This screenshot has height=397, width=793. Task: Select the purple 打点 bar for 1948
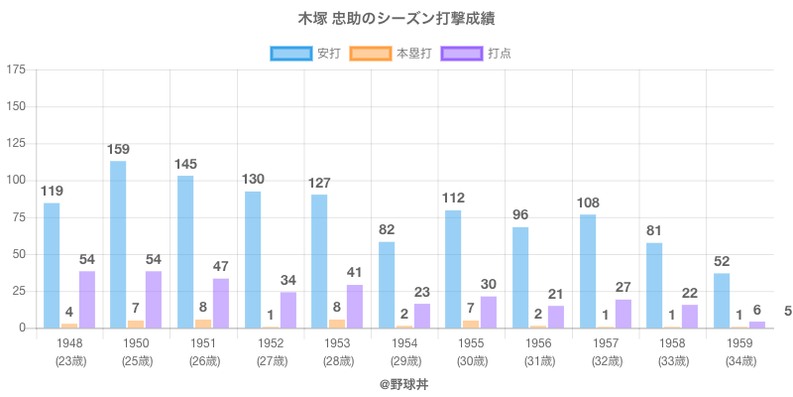click(x=87, y=300)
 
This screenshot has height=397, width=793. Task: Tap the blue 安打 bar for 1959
click(x=722, y=301)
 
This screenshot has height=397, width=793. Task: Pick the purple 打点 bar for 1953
click(x=355, y=307)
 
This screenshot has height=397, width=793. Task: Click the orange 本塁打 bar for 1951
click(x=203, y=324)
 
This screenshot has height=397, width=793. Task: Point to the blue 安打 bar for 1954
click(x=387, y=285)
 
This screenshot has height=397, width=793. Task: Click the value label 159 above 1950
click(x=118, y=150)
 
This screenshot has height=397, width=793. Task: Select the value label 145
click(x=185, y=164)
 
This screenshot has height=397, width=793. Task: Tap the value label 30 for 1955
click(x=489, y=282)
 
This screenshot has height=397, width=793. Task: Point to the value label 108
click(x=588, y=202)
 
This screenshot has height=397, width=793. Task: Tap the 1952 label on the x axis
click(x=271, y=343)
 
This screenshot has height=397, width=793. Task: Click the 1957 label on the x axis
click(x=606, y=343)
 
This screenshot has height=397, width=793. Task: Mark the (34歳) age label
click(x=739, y=361)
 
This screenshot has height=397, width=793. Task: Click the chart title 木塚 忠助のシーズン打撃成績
click(x=396, y=19)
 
